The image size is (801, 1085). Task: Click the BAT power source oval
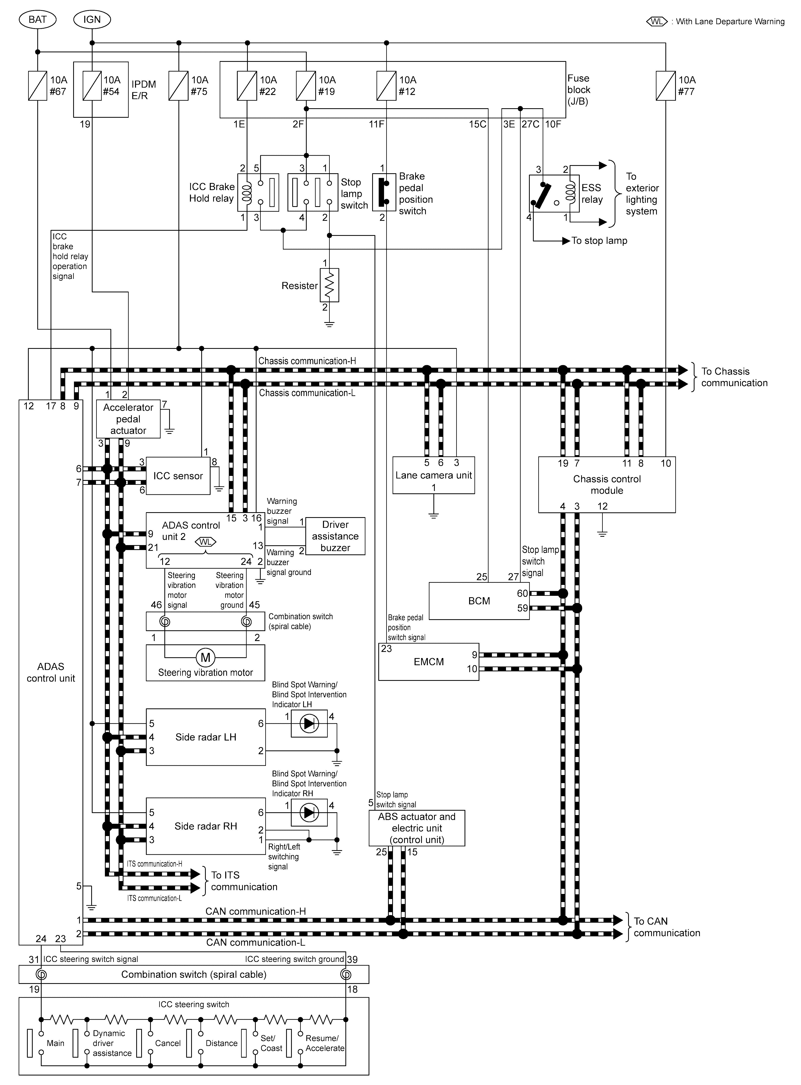[x=37, y=19]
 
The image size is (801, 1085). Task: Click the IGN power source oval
[x=92, y=19]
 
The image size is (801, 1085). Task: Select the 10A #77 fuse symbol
[x=665, y=86]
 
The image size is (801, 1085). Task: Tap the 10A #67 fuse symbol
[x=37, y=86]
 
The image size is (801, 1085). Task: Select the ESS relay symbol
[x=554, y=193]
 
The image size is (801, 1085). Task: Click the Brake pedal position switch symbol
[x=382, y=193]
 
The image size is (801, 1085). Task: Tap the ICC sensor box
[x=178, y=476]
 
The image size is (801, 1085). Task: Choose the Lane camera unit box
[x=433, y=475]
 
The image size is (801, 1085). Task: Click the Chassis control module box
[x=606, y=485]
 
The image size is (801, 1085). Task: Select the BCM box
[x=479, y=601]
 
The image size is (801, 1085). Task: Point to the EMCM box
[x=429, y=662]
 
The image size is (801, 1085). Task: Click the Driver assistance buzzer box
[x=335, y=536]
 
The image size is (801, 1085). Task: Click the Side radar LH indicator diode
[x=309, y=724]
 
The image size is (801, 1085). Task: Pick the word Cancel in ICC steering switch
[x=168, y=1043]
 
